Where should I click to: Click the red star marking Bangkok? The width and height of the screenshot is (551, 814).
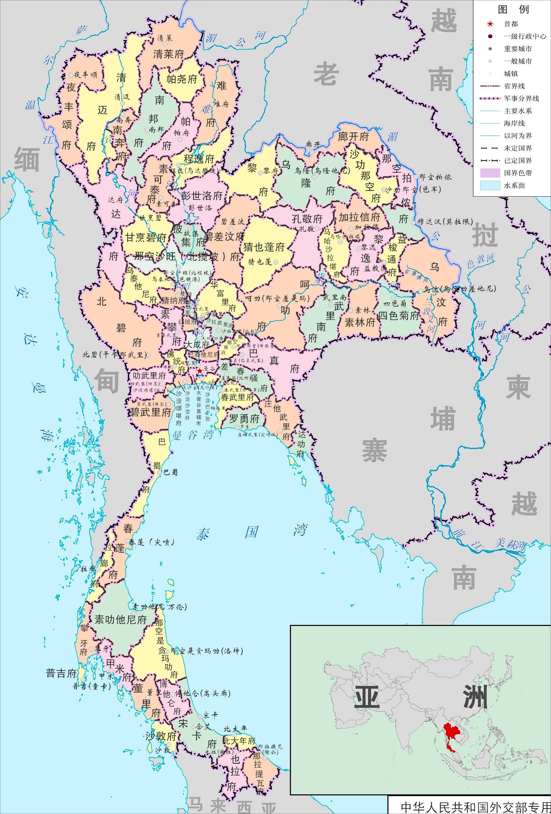click(199, 371)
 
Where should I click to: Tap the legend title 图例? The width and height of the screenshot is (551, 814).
click(513, 9)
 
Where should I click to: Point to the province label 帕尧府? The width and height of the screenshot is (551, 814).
click(182, 79)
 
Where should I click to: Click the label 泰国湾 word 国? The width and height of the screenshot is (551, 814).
click(251, 532)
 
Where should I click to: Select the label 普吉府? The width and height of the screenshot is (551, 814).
click(61, 673)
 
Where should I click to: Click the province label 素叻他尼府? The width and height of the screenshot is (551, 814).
click(120, 620)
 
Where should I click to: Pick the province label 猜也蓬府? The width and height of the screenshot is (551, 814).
click(264, 247)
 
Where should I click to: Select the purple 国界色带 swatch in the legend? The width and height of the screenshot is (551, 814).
click(490, 173)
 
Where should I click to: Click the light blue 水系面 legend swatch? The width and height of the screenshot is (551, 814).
click(490, 186)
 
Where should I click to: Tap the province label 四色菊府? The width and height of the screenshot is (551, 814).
click(399, 316)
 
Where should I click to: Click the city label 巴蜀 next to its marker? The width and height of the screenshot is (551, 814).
click(170, 473)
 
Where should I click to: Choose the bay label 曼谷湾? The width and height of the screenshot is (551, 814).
click(193, 435)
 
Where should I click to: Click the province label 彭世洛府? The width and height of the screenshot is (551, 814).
click(202, 195)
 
